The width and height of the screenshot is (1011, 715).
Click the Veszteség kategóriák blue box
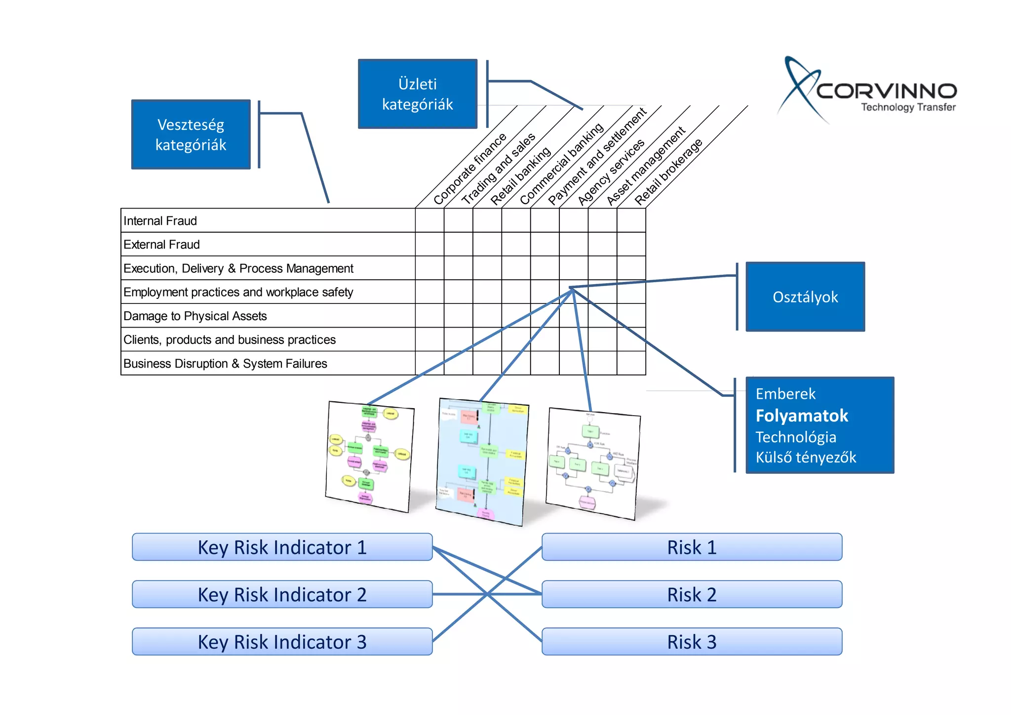coord(191,134)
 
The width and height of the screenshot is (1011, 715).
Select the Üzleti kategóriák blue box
coord(417,94)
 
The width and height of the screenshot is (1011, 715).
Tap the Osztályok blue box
coord(805,296)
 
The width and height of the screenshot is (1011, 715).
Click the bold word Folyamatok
coord(802,416)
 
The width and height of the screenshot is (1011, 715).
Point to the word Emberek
coord(785,394)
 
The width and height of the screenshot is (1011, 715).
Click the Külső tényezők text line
coord(806,457)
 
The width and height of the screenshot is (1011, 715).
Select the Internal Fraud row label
coord(160,221)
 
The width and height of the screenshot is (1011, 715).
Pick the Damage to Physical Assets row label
coord(195,316)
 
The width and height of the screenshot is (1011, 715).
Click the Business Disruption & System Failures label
coord(225,364)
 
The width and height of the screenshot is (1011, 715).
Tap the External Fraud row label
coord(161,245)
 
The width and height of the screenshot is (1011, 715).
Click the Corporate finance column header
coord(469,169)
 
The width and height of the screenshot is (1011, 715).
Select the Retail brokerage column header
coord(668,171)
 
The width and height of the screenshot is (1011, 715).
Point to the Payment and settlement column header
coord(597,157)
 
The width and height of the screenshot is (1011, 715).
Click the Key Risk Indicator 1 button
coord(282,547)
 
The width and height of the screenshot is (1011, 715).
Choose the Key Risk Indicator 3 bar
coord(282,642)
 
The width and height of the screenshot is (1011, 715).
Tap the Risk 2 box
coord(692,594)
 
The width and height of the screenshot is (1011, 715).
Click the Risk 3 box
coord(692,642)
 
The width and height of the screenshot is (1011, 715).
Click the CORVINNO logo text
coord(886,91)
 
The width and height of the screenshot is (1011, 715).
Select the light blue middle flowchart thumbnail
coord(482,462)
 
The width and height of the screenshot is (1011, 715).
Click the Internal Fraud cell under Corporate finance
coord(429,220)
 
